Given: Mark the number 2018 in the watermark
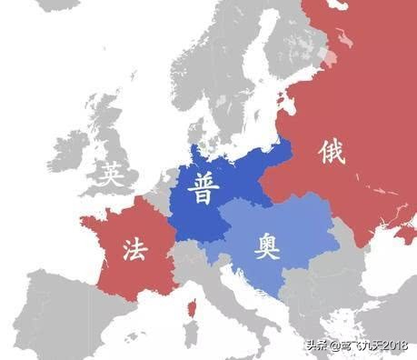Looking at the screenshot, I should [x=392, y=345].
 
